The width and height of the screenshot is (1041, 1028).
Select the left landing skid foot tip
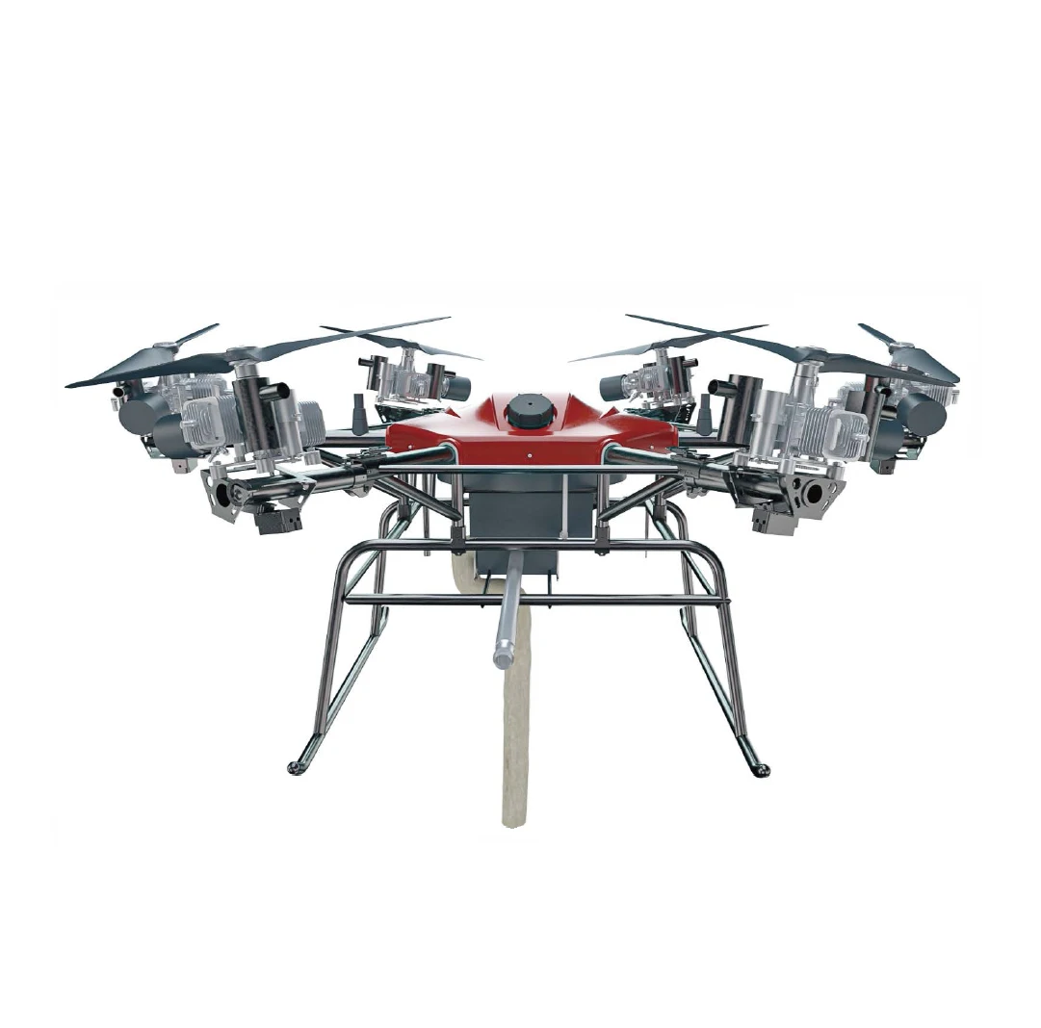coord(294,767)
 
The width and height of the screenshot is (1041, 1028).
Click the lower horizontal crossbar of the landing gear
coord(534,600)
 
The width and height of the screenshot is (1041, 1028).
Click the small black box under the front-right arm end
coord(772,521)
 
